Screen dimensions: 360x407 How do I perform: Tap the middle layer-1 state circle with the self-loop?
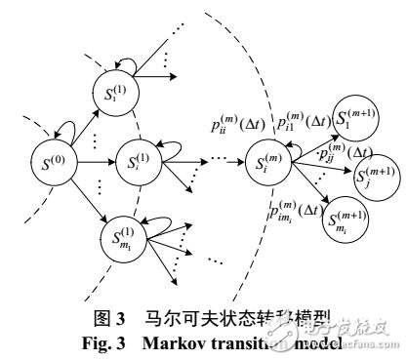135,162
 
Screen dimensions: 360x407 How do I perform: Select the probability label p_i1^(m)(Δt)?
302,121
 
